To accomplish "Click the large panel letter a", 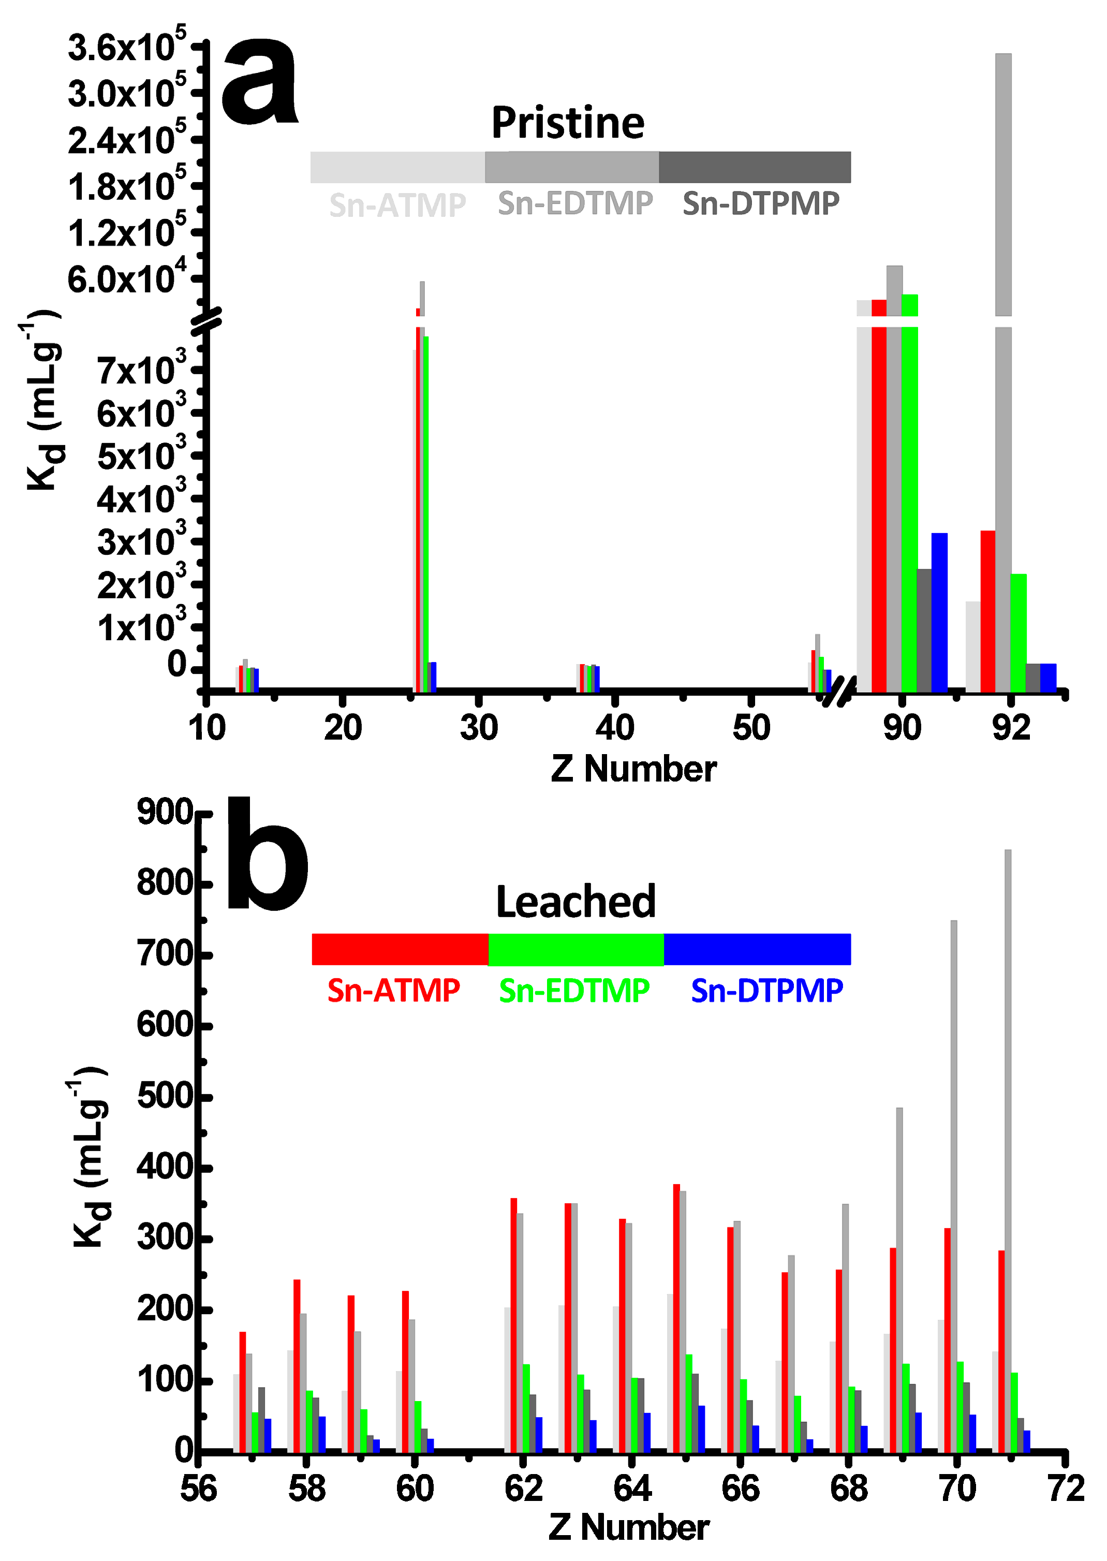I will [260, 83].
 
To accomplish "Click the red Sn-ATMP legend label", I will [393, 991].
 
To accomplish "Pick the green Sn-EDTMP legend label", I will [574, 991].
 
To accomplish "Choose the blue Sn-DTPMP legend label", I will [767, 991].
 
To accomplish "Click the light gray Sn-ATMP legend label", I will [397, 205].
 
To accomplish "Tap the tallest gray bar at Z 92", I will [1002, 184].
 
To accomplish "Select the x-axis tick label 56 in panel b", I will [198, 1488].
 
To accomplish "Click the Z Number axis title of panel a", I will [633, 769].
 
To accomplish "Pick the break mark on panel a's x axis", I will [838, 692].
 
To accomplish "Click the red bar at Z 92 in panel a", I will [988, 611].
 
